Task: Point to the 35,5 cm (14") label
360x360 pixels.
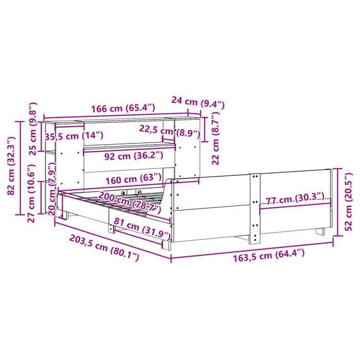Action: pos(74,136)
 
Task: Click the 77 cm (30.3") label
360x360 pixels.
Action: pos(295,197)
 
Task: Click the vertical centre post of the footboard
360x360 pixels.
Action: pos(254,208)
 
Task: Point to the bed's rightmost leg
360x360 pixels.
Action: pos(321,231)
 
